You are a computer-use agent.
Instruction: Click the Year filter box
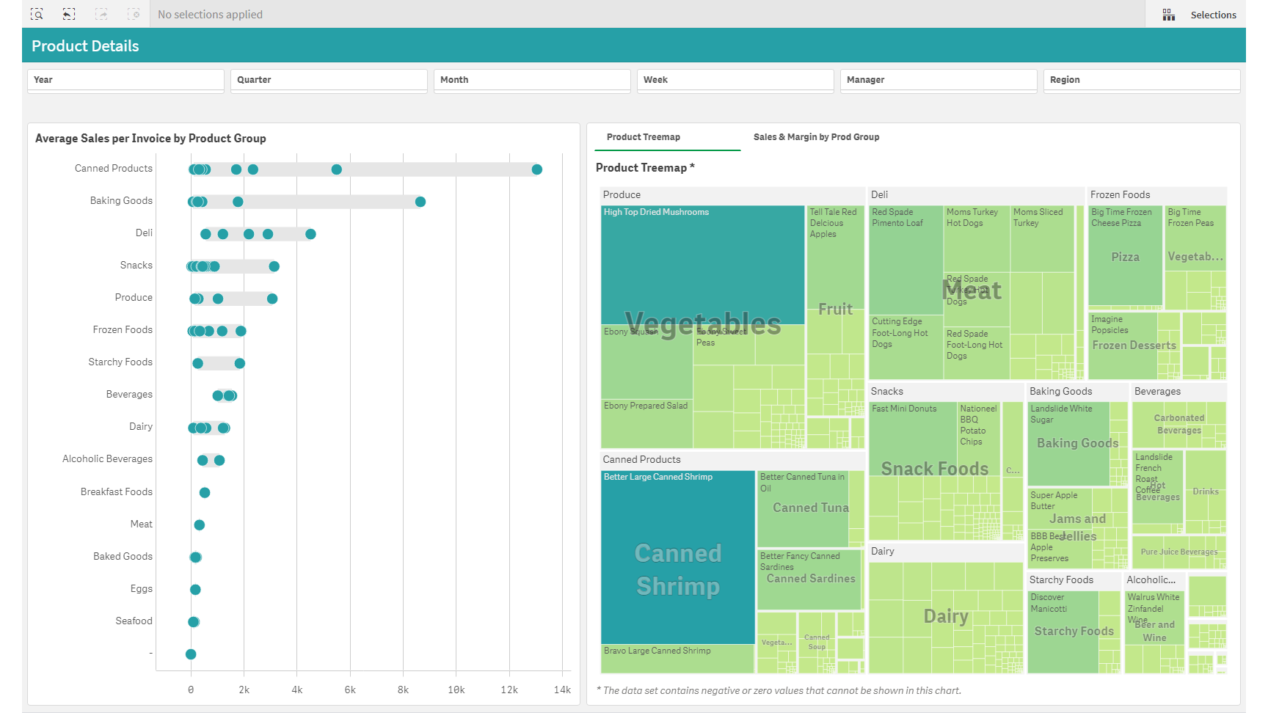coord(125,80)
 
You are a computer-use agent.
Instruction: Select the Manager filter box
coord(938,80)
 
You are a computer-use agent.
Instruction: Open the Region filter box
coord(1141,80)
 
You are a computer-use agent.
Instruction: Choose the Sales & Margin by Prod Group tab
coord(816,137)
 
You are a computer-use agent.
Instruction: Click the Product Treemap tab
coord(644,137)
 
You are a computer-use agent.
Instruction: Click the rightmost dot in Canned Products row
coord(537,169)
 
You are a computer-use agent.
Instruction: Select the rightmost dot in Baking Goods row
coord(420,202)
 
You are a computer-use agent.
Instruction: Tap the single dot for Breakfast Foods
coord(205,493)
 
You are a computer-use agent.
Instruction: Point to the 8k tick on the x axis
coord(403,690)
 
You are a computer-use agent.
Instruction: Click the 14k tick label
coord(562,690)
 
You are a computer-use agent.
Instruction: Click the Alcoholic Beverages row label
coord(108,459)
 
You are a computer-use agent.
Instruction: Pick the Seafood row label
coord(134,621)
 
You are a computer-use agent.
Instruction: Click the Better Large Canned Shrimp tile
coord(677,557)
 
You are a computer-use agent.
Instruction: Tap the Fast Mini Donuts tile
coord(912,433)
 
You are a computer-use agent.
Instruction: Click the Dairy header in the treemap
coord(883,552)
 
